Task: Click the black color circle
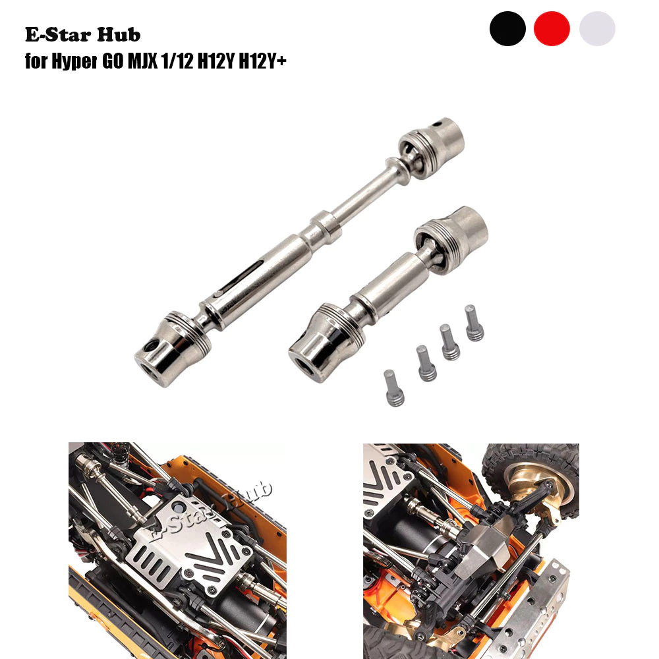[x=507, y=28]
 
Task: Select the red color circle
[x=552, y=28]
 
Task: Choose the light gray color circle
[x=597, y=28]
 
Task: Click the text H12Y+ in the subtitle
[x=263, y=61]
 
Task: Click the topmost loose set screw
[x=474, y=323]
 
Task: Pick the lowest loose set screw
[x=394, y=388]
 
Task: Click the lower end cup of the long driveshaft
[x=172, y=349]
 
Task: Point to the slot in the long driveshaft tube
[x=241, y=276]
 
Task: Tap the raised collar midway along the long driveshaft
[x=326, y=227]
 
